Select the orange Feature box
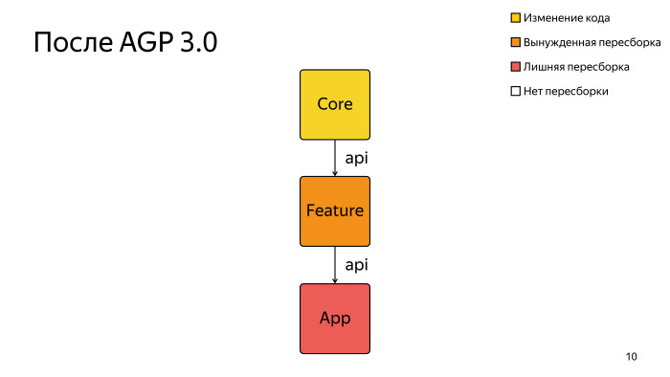pyautogui.click(x=335, y=211)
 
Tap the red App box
pyautogui.click(x=335, y=319)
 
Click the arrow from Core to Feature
pyautogui.click(x=335, y=158)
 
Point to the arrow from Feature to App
pyautogui.click(x=335, y=265)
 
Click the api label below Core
pyautogui.click(x=357, y=157)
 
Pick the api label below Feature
pyautogui.click(x=357, y=264)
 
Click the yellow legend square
pyautogui.click(x=515, y=18)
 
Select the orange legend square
pyautogui.click(x=515, y=43)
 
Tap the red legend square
pyautogui.click(x=515, y=67)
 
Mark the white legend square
pyautogui.click(x=515, y=92)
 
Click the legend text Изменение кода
pyautogui.click(x=567, y=18)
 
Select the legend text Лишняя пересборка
pyautogui.click(x=576, y=67)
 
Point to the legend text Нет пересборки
pyautogui.click(x=566, y=92)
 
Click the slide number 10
pyautogui.click(x=631, y=357)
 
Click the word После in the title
pyautogui.click(x=72, y=43)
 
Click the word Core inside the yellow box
pyautogui.click(x=335, y=104)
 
